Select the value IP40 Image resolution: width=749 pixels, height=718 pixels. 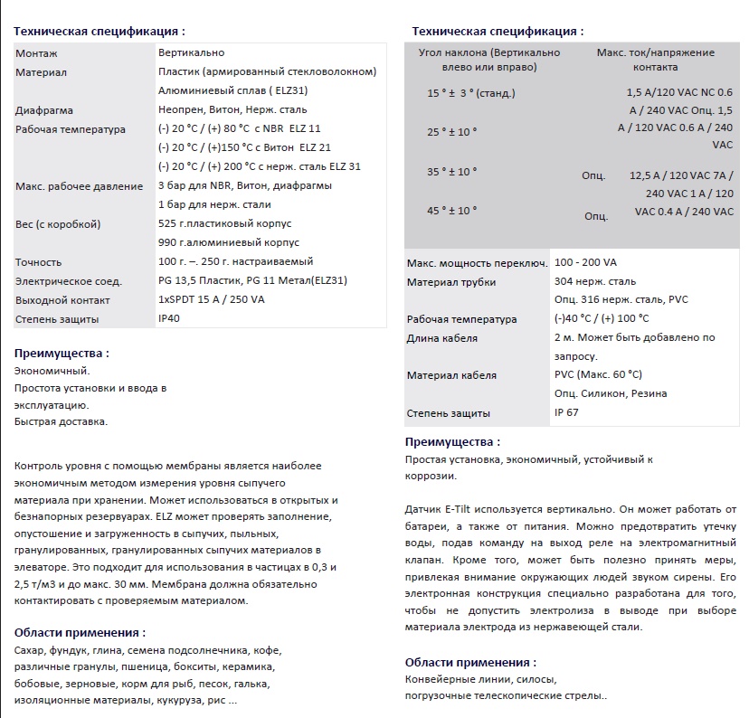[169, 318]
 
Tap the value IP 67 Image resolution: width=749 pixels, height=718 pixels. [567, 412]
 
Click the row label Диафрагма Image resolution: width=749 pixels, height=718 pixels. [44, 110]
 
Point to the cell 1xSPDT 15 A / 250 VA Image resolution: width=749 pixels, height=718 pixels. [211, 299]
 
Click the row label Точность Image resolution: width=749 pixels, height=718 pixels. [39, 261]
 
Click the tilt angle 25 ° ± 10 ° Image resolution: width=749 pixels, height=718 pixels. [451, 131]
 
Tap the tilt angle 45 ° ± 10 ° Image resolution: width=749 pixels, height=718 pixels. [451, 211]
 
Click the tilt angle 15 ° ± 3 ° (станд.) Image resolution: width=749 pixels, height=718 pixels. [471, 92]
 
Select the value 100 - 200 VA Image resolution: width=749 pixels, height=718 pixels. [585, 262]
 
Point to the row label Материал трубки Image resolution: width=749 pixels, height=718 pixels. [451, 281]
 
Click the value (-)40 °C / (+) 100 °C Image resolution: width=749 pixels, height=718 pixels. [602, 319]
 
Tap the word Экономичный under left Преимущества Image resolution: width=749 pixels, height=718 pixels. [52, 371]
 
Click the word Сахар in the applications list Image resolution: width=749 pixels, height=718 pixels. [30, 650]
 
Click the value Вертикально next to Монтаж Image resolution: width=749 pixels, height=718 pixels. [191, 53]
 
